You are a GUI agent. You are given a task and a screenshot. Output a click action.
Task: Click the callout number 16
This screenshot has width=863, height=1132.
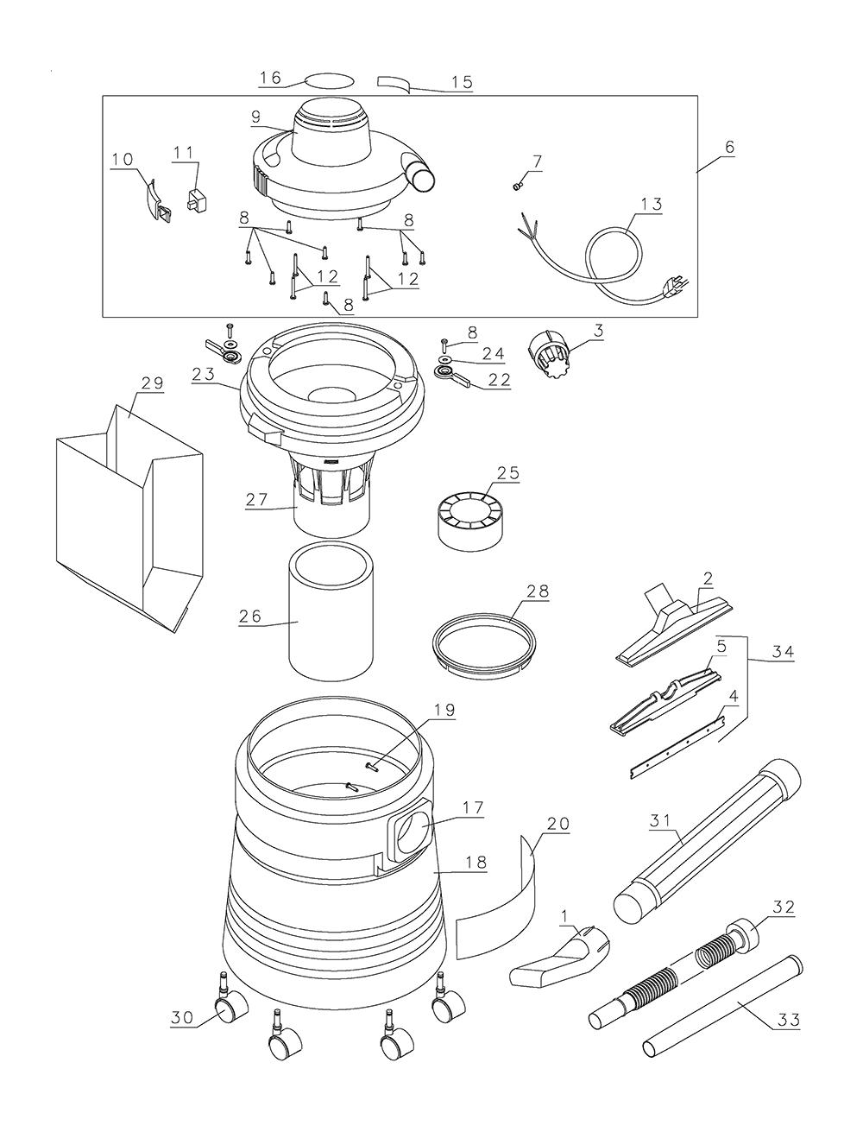tap(270, 77)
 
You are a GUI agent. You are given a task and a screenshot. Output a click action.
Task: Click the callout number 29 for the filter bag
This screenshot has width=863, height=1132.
tap(151, 383)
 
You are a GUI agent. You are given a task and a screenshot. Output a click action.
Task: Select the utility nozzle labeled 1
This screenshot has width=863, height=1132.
tap(559, 958)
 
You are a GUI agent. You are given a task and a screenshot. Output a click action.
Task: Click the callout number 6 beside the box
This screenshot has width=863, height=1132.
tap(728, 147)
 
